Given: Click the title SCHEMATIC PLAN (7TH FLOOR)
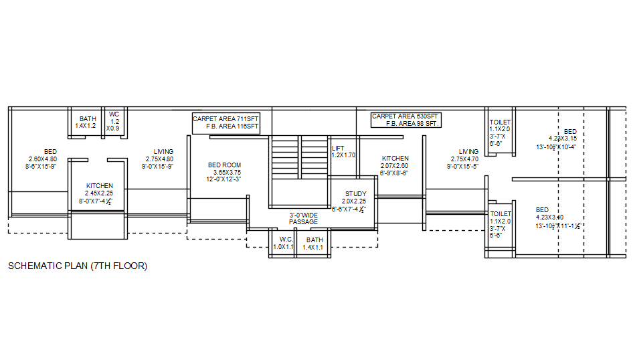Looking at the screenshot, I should pos(77,266).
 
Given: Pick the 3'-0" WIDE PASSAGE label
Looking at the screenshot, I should pos(303,218).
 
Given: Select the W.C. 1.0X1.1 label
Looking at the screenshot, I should pos(284,243).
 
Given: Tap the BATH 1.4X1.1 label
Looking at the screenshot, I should pos(314,243).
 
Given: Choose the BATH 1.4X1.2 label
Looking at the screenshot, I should pos(87,122).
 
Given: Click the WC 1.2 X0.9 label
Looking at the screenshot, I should pos(114,121).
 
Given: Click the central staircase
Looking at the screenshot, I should pos(299,157).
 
